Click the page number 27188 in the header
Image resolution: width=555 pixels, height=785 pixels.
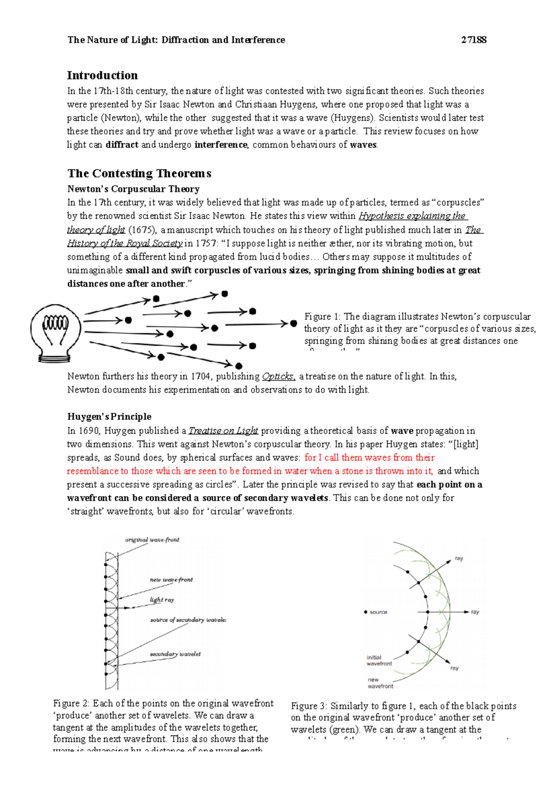[474, 40]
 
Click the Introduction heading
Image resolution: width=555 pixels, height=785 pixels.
[102, 75]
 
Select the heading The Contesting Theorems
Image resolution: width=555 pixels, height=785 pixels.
[139, 173]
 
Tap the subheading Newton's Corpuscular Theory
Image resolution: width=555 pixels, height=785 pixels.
[133, 189]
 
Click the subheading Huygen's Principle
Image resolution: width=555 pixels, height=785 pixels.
[109, 417]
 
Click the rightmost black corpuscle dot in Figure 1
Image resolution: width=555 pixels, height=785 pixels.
[293, 324]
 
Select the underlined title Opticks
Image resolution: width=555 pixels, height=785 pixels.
[278, 376]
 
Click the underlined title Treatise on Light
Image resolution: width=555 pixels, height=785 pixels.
[223, 431]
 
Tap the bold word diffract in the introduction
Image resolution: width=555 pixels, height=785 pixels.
[122, 145]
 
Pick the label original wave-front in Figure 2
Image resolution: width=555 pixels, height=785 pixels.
[152, 540]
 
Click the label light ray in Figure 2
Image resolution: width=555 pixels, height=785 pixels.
[162, 600]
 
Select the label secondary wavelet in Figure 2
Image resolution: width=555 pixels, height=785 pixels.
[175, 654]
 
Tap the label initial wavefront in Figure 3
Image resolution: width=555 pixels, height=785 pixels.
[379, 660]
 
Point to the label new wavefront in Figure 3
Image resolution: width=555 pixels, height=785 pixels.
[380, 683]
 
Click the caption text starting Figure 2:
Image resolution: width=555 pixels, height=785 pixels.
[163, 721]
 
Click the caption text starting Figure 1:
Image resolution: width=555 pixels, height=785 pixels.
[419, 329]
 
